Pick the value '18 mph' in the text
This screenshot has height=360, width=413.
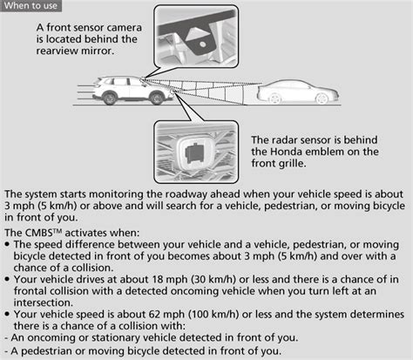tap(168, 280)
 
